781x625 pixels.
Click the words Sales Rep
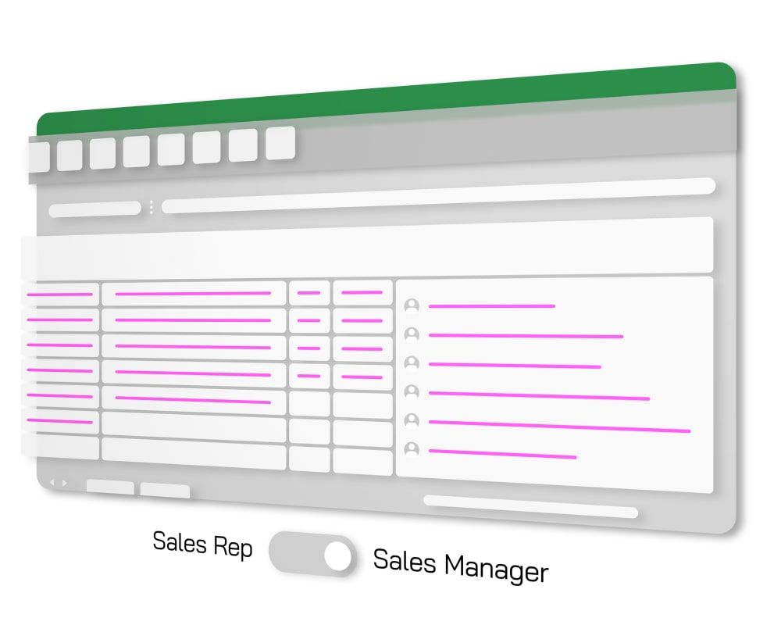pos(202,544)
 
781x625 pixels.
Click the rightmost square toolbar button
pos(280,143)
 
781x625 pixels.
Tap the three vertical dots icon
pos(151,208)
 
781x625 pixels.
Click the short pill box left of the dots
pos(95,209)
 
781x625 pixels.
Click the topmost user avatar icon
pos(412,305)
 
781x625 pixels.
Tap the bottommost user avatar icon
pos(412,450)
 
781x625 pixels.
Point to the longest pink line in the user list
pos(559,427)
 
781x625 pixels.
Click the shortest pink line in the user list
pos(491,306)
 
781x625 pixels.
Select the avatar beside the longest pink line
pos(412,421)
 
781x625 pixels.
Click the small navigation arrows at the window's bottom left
pos(58,483)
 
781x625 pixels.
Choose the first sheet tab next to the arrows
pos(110,487)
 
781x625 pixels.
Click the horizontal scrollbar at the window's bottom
pos(530,505)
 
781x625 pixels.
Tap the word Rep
pos(234,547)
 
